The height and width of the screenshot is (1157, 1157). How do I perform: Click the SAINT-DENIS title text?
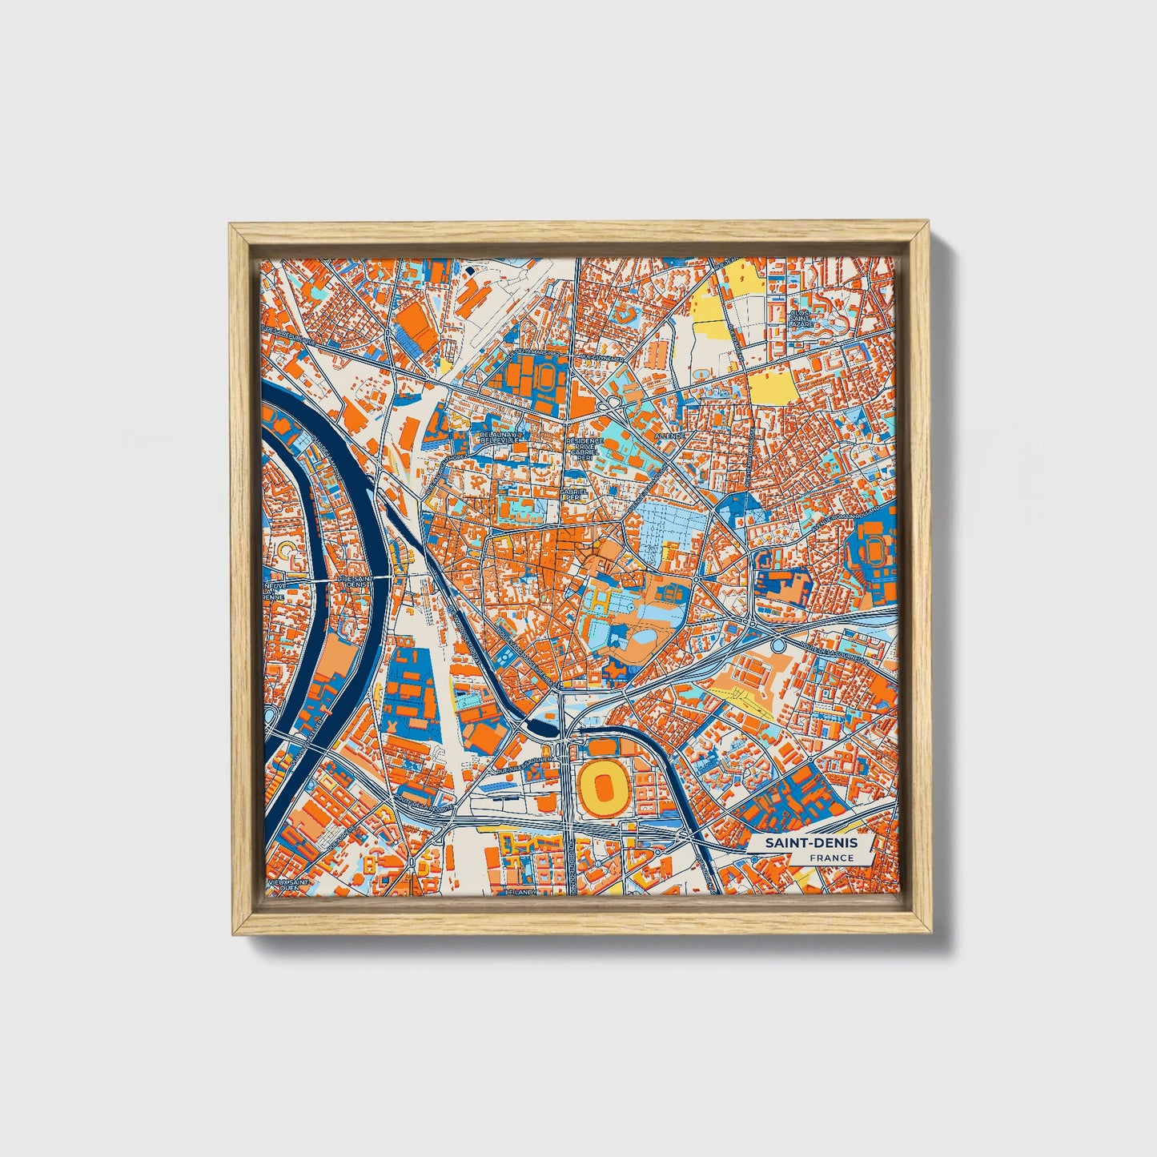click(x=810, y=843)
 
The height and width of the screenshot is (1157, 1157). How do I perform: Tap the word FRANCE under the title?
click(x=831, y=858)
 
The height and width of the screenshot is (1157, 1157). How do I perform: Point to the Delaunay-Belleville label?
click(x=500, y=438)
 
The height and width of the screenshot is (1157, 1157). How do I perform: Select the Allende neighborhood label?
click(x=668, y=435)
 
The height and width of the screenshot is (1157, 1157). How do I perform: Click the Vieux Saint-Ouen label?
click(x=288, y=884)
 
